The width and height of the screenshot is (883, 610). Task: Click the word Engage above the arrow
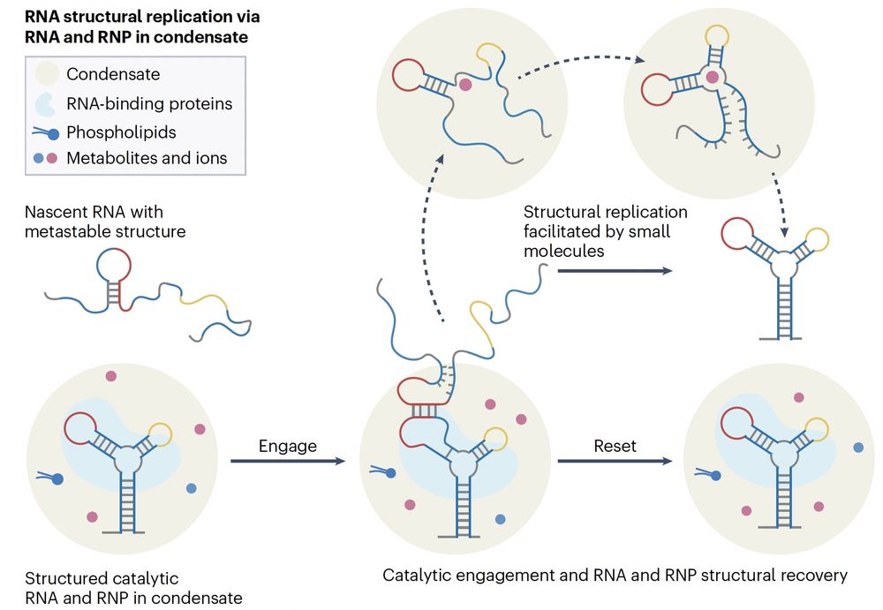point(287,446)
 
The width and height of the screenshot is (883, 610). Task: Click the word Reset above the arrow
point(615,446)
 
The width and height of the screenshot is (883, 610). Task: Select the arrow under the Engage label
point(287,461)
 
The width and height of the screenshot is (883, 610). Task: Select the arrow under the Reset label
point(615,461)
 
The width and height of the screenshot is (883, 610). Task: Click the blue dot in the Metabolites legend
point(37,160)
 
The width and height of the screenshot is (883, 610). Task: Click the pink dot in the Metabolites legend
point(53,160)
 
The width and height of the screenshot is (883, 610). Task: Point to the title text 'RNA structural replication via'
point(142,17)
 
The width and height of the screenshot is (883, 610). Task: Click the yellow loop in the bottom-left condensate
point(161,433)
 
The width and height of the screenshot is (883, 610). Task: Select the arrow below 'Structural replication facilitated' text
point(615,270)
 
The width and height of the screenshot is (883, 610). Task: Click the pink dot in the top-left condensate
point(465,85)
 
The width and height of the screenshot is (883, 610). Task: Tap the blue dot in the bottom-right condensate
point(858,448)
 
